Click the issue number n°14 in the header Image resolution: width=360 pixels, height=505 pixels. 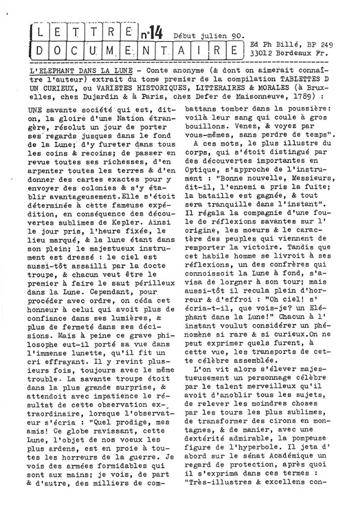151,34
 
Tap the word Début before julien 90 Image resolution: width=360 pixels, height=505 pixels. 186,36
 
